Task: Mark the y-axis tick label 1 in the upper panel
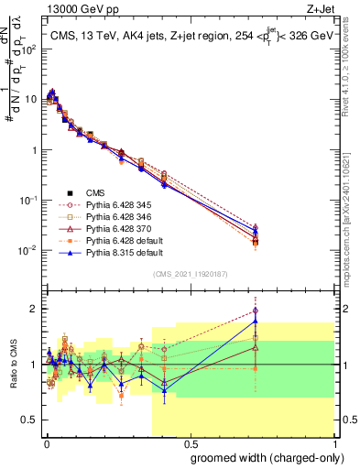coord(34,149)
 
